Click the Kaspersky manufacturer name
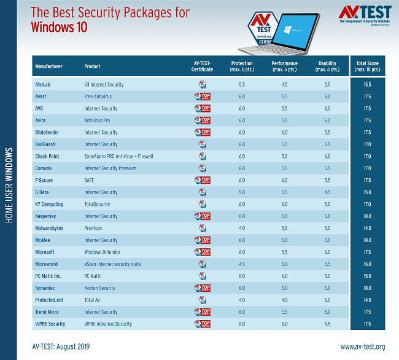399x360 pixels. coord(48,216)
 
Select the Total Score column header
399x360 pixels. coord(368,66)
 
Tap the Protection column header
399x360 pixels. coord(241,66)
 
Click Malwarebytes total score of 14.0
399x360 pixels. coord(368,228)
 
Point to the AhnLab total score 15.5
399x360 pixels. coord(368,84)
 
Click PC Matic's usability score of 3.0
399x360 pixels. coord(327,276)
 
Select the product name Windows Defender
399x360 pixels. coord(102,252)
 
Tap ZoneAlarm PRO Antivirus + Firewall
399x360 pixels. coord(118,156)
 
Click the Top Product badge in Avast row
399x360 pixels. coord(202,96)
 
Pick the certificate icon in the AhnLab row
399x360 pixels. coord(202,84)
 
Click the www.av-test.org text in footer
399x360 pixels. coord(363,347)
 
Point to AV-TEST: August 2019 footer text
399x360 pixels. coord(61,347)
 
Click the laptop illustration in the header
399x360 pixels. coord(294,32)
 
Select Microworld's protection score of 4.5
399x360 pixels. coord(241,264)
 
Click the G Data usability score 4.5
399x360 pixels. coord(327,192)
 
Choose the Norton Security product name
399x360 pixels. coord(99,288)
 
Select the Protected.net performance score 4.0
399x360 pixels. coord(284,300)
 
